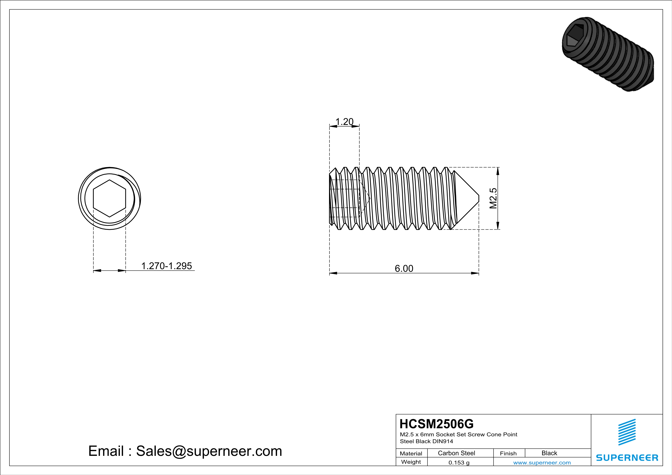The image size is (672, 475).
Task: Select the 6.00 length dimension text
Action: point(404,269)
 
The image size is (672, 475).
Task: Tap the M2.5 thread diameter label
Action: point(493,198)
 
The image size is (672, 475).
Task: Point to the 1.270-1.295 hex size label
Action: point(167,266)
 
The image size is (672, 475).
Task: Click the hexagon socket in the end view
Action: point(109,198)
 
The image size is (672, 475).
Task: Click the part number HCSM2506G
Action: point(436,424)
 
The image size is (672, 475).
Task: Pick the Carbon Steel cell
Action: point(456,453)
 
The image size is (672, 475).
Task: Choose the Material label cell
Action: point(411,453)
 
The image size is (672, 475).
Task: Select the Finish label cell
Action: point(508,453)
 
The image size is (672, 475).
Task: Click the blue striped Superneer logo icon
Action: point(627,432)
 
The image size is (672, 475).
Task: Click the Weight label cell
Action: point(411,462)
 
